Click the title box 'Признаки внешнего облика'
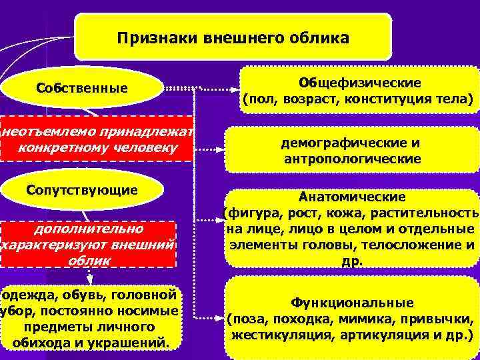point(233,37)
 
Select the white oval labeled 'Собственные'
point(83,87)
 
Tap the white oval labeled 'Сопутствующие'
point(83,190)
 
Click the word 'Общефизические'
point(359,83)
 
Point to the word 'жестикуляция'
point(273,333)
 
